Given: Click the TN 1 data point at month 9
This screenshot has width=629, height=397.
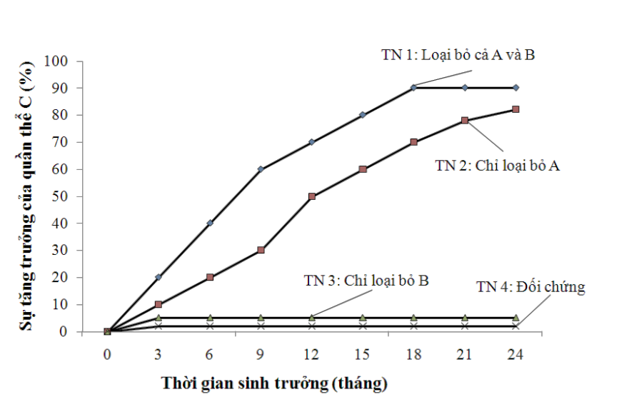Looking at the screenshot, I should (x=261, y=169).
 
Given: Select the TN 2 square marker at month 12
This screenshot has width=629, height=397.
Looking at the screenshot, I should (x=312, y=196).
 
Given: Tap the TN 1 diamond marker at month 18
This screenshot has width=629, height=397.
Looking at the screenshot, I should (x=414, y=88).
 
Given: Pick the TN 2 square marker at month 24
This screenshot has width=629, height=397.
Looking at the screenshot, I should (x=515, y=109).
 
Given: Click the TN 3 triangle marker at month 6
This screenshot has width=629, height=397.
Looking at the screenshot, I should (x=210, y=318).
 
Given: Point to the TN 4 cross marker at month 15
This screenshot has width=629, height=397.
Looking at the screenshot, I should (x=363, y=326).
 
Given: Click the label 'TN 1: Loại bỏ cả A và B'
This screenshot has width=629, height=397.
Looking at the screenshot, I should (x=457, y=55).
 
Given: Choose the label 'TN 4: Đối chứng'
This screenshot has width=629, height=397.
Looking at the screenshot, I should (x=530, y=287).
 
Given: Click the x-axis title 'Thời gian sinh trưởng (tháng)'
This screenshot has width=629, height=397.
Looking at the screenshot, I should (x=274, y=383).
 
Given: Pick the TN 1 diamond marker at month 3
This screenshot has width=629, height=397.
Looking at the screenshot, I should (x=158, y=277).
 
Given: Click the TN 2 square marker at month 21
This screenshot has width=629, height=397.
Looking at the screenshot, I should (x=465, y=121).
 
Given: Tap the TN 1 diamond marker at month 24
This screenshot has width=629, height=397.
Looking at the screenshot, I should (x=515, y=88).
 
